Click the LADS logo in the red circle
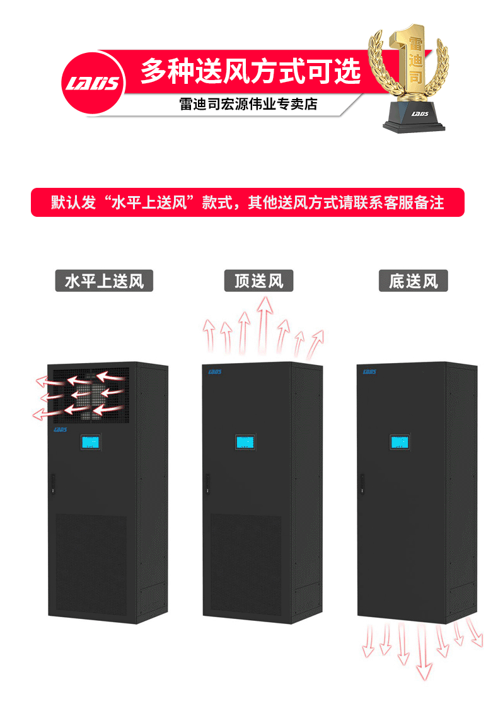(x=93, y=83)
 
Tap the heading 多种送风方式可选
(x=250, y=71)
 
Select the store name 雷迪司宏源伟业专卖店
(x=248, y=104)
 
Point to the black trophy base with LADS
(x=414, y=117)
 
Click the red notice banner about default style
(x=248, y=202)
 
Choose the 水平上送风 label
(x=104, y=281)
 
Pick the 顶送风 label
(x=258, y=281)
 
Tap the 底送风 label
(x=413, y=281)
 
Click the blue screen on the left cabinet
(x=90, y=442)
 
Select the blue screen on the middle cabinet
(x=245, y=442)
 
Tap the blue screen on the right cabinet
(x=399, y=442)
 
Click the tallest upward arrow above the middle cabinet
(x=264, y=325)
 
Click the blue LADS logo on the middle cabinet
(x=215, y=372)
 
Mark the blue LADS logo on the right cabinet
(x=369, y=372)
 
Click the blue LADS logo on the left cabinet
(x=61, y=430)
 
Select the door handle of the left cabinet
(x=52, y=483)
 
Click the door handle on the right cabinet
(x=362, y=483)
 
